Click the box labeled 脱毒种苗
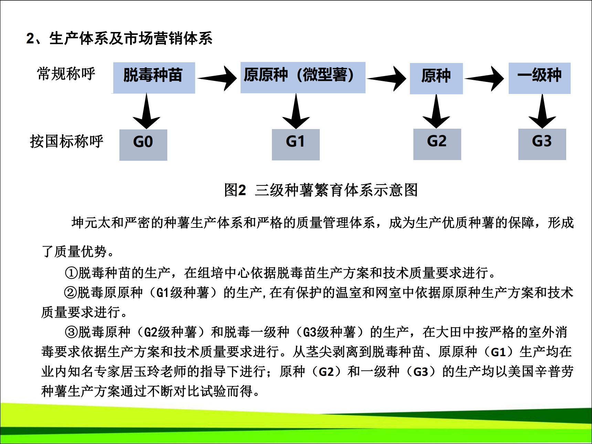(x=154, y=78)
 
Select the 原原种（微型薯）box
(x=303, y=77)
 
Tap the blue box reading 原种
(x=436, y=78)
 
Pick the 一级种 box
(x=539, y=78)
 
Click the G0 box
(x=143, y=145)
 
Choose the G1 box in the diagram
(x=296, y=145)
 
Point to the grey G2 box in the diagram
(x=437, y=144)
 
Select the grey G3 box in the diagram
(x=542, y=144)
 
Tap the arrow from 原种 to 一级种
(x=484, y=78)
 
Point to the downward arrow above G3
(x=542, y=111)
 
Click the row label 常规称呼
(x=66, y=74)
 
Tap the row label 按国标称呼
(x=66, y=141)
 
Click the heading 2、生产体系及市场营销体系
(x=119, y=38)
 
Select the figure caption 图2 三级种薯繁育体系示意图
(x=321, y=190)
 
